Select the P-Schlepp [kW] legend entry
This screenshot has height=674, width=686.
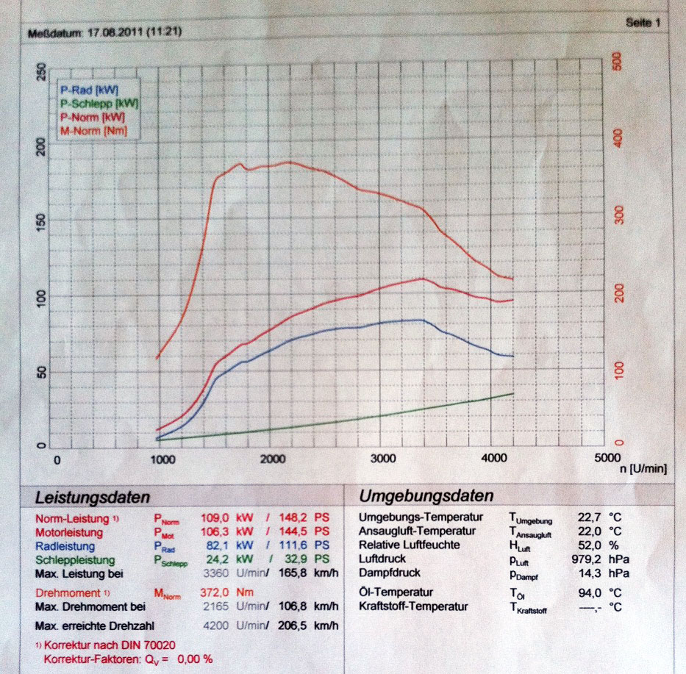point(99,104)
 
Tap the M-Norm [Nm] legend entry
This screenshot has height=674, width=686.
point(93,130)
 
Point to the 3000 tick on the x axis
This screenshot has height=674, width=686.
point(383,459)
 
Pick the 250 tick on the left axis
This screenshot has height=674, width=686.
point(40,72)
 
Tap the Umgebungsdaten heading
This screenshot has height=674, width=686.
point(426,495)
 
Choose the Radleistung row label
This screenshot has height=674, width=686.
point(65,546)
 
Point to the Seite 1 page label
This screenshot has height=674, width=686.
point(643,23)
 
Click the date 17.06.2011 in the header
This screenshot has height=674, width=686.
point(112,33)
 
